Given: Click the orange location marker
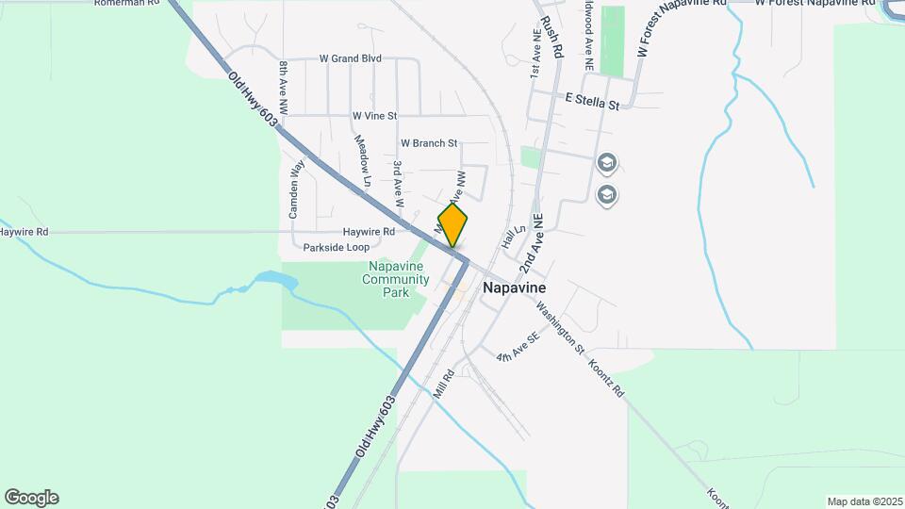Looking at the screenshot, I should click(x=453, y=224).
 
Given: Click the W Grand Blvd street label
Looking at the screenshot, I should click(x=351, y=58).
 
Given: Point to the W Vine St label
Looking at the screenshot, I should click(x=375, y=116).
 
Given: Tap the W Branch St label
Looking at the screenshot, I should click(x=429, y=143).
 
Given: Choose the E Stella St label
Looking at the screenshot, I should click(x=592, y=100).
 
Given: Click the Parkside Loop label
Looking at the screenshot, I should click(x=337, y=247).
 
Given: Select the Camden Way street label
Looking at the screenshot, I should click(x=296, y=190).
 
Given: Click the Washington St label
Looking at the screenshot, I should click(x=560, y=329).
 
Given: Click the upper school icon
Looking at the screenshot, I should click(x=606, y=164).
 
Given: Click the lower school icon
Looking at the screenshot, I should click(x=607, y=195).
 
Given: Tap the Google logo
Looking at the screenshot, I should click(x=31, y=498).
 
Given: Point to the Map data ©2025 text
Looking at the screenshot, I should click(x=864, y=501).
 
